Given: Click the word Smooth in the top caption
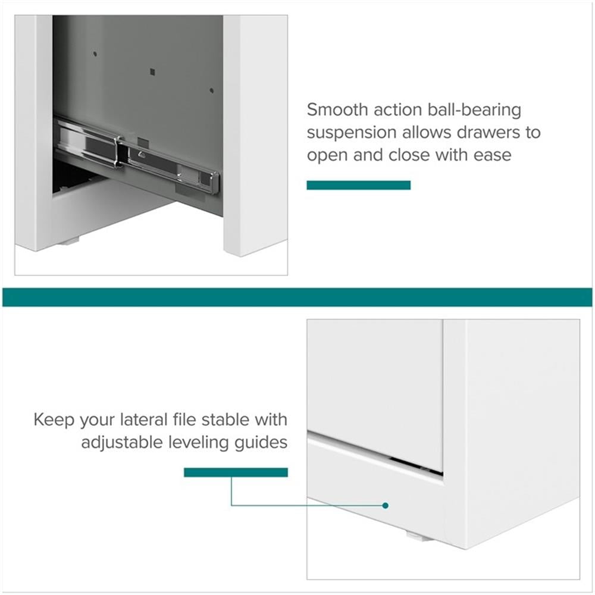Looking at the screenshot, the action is click(x=338, y=109).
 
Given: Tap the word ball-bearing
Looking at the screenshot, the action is click(x=474, y=111).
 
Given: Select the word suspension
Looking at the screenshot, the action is click(x=352, y=133).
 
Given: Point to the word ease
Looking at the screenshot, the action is click(x=493, y=155).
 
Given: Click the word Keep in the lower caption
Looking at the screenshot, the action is click(x=54, y=421).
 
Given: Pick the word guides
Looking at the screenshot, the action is click(x=261, y=443).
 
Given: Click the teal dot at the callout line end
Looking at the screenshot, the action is click(x=386, y=505).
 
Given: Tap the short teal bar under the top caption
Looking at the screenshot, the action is click(x=359, y=185).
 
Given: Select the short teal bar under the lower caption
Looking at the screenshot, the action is click(x=236, y=472).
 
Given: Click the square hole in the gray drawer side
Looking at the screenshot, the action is click(x=152, y=72).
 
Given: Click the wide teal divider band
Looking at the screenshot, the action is click(x=297, y=297).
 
